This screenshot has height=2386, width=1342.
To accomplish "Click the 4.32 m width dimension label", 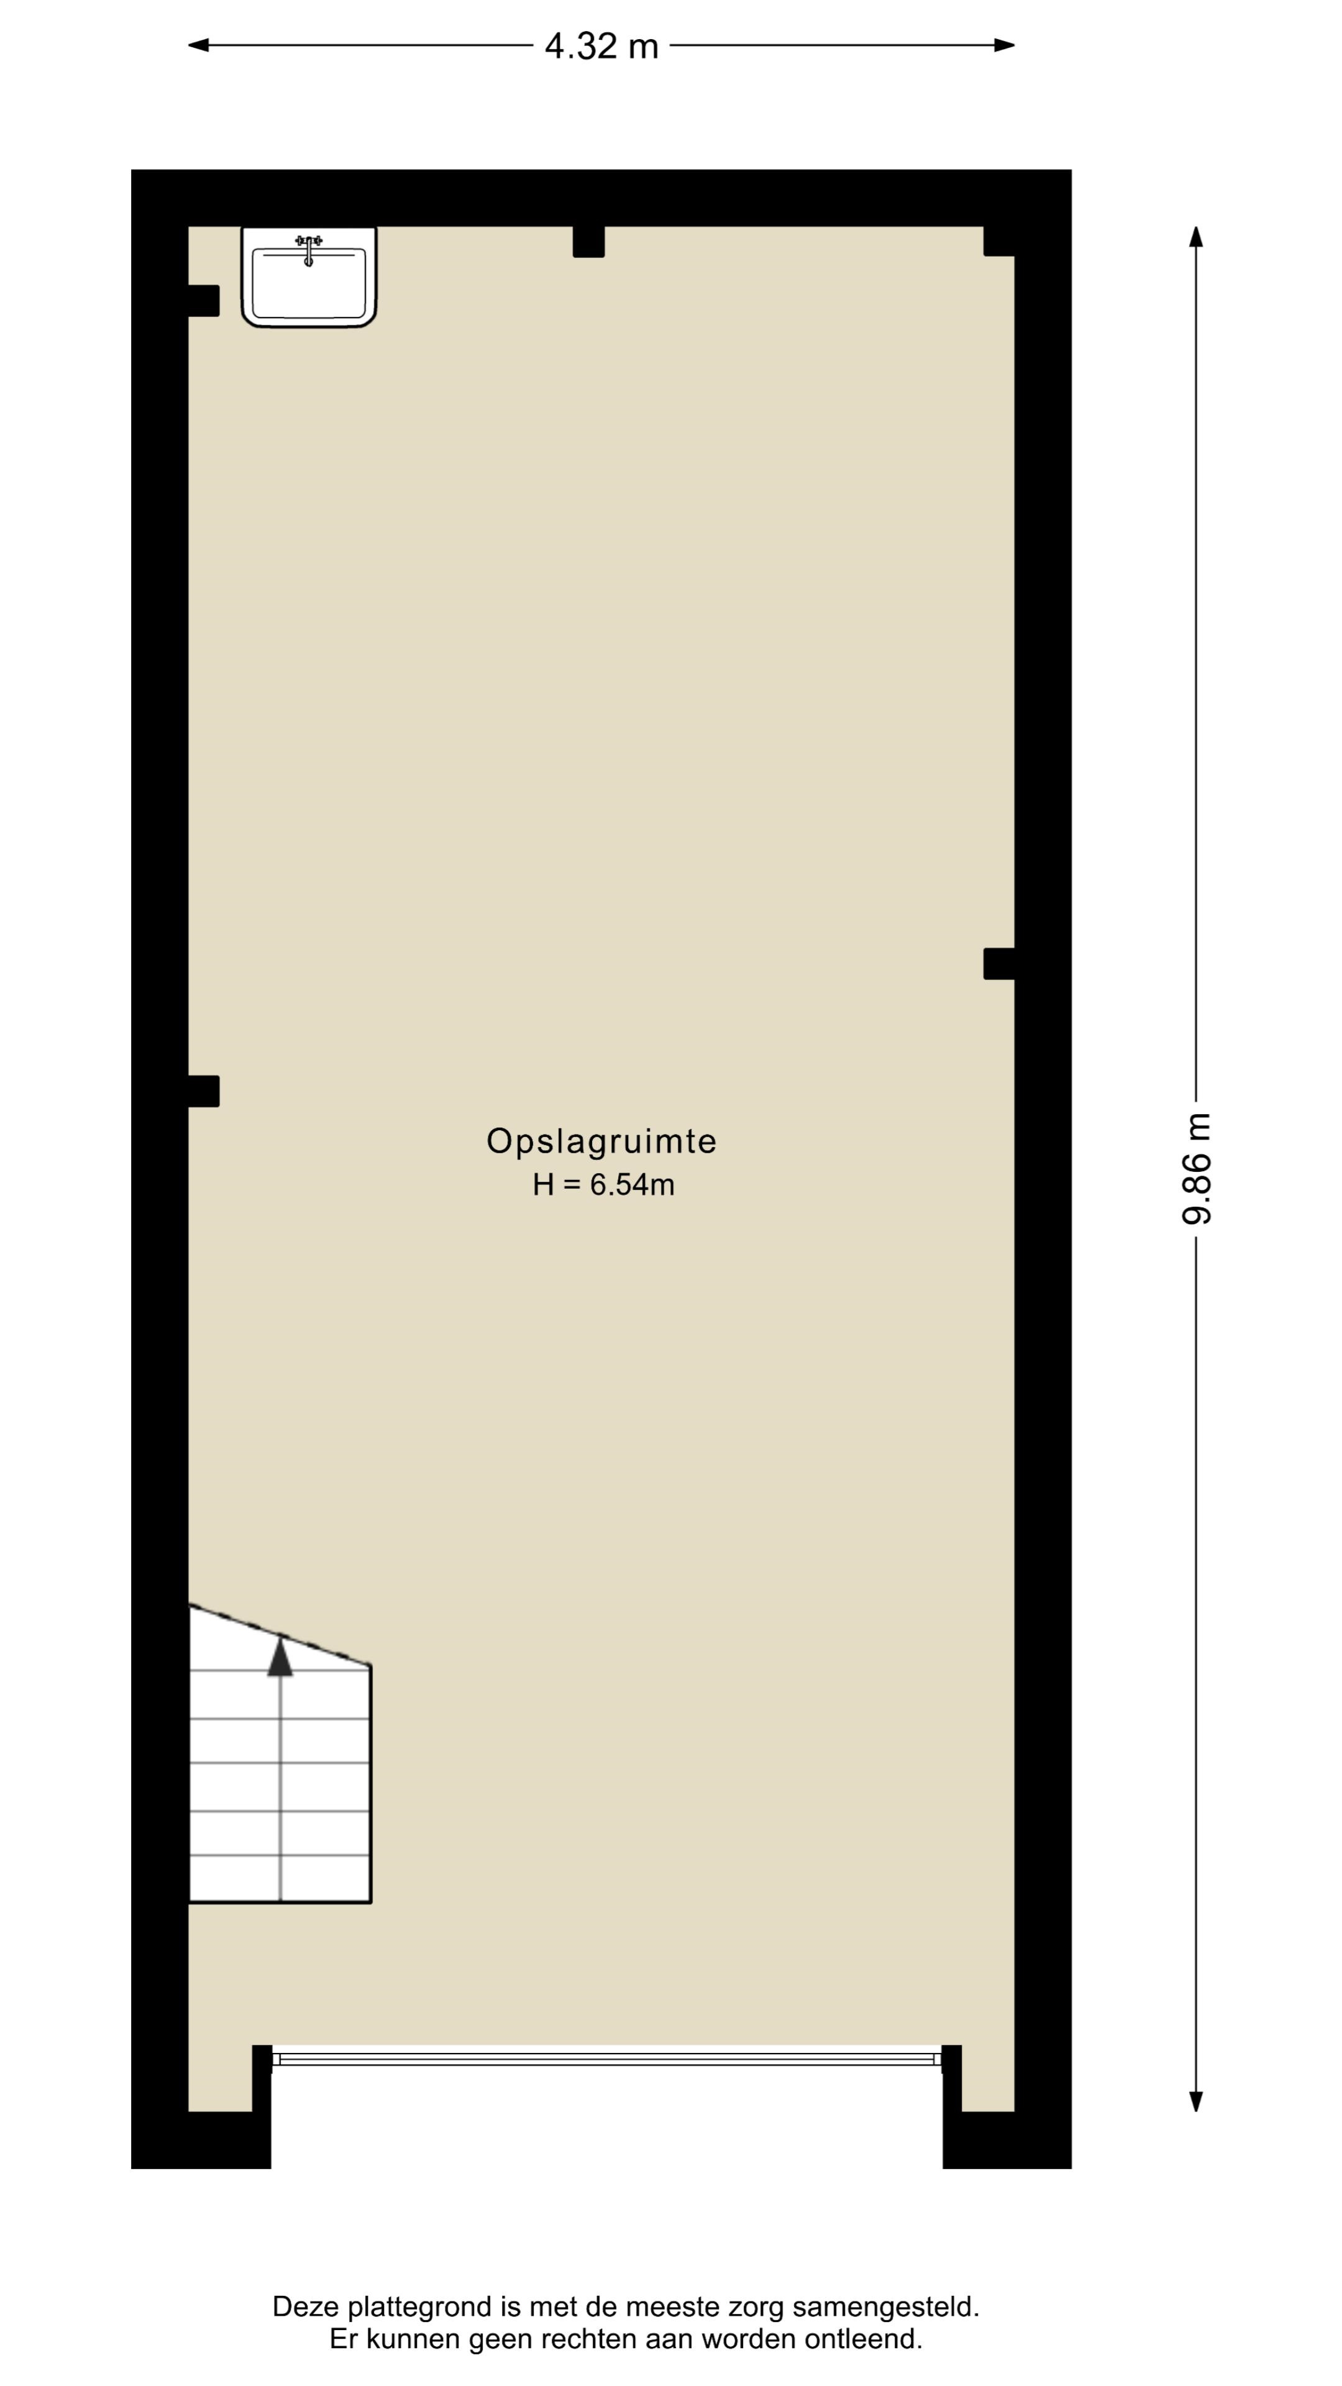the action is click(x=601, y=45).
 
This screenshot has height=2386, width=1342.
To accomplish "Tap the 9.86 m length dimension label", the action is click(x=1195, y=1168).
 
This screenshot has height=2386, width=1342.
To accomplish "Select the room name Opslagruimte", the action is click(x=601, y=1141).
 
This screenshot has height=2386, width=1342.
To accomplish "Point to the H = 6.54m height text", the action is click(x=603, y=1185).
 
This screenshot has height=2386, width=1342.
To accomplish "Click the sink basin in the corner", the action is click(x=308, y=277).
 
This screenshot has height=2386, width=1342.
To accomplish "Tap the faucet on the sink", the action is click(x=308, y=247).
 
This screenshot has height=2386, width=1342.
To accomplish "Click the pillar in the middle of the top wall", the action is click(x=588, y=242).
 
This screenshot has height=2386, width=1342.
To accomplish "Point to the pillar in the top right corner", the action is click(x=998, y=241).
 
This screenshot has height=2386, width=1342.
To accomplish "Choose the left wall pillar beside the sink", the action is click(x=204, y=300).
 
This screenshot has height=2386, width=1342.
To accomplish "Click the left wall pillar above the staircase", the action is click(x=204, y=1091).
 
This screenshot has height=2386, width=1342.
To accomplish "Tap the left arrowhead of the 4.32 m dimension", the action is click(x=198, y=45).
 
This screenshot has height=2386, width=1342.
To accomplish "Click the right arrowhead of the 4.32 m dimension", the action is click(x=1004, y=45).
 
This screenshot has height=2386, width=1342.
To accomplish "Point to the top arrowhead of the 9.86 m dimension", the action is click(x=1195, y=237).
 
